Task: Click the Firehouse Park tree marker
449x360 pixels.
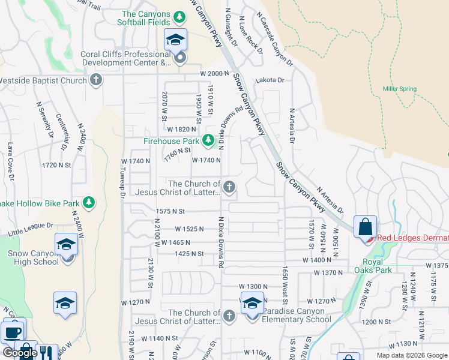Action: [208, 140]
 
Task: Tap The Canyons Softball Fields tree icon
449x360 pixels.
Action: [179, 16]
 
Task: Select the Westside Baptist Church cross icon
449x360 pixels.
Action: [96, 80]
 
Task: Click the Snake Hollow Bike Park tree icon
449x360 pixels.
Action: [89, 202]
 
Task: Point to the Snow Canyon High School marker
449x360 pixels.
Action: [66, 245]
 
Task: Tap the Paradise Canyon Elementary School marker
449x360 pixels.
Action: [252, 305]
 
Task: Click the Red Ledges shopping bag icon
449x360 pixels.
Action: [365, 228]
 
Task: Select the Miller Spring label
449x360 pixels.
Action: [400, 89]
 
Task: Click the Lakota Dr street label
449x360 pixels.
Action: [270, 79]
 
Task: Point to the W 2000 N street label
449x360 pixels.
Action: [215, 73]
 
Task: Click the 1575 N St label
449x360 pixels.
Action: [170, 211]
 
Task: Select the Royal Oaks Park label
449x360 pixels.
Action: [377, 265]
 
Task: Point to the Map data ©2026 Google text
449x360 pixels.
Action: [411, 355]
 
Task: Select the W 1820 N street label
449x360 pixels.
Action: [182, 129]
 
